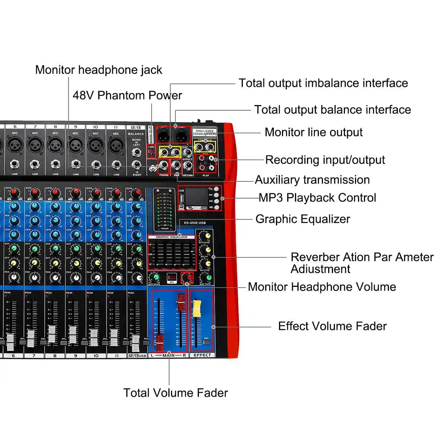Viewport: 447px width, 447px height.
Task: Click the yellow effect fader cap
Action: (x=196, y=308)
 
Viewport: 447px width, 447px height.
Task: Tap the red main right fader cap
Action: (x=181, y=302)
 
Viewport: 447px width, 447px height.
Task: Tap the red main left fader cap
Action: (x=160, y=342)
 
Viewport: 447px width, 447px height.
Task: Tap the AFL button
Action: (x=172, y=278)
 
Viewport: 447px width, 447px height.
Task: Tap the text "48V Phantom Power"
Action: (x=127, y=95)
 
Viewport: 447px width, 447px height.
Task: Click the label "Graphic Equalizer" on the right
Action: (x=302, y=219)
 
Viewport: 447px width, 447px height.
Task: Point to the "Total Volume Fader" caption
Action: (x=175, y=393)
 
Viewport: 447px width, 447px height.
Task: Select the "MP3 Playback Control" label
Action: (x=317, y=197)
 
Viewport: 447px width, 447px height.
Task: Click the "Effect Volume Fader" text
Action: (x=332, y=326)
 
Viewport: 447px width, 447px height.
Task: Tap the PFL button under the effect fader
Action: (x=207, y=342)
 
